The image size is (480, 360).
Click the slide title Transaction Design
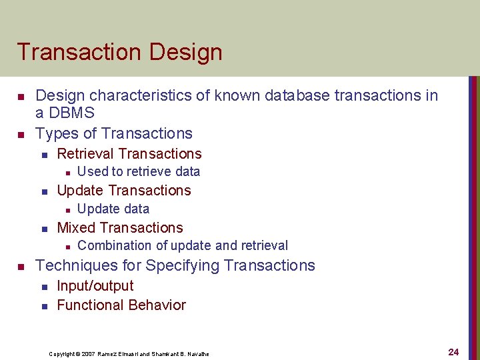[x=119, y=52]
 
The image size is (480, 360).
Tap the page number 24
[x=454, y=352]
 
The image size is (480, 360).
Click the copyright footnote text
[x=129, y=354]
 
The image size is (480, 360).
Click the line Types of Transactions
[x=113, y=133]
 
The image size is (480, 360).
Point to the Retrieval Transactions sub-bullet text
[x=129, y=154]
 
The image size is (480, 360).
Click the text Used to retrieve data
[x=139, y=172]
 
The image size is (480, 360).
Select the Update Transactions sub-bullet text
[x=124, y=191]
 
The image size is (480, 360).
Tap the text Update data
[x=113, y=209]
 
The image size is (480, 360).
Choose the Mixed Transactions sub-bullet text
[x=120, y=228]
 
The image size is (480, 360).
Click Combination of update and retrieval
[x=183, y=246]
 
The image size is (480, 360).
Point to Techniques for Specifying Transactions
[x=175, y=265]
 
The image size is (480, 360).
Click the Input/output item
[x=95, y=286]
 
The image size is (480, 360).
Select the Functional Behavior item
[x=121, y=305]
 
